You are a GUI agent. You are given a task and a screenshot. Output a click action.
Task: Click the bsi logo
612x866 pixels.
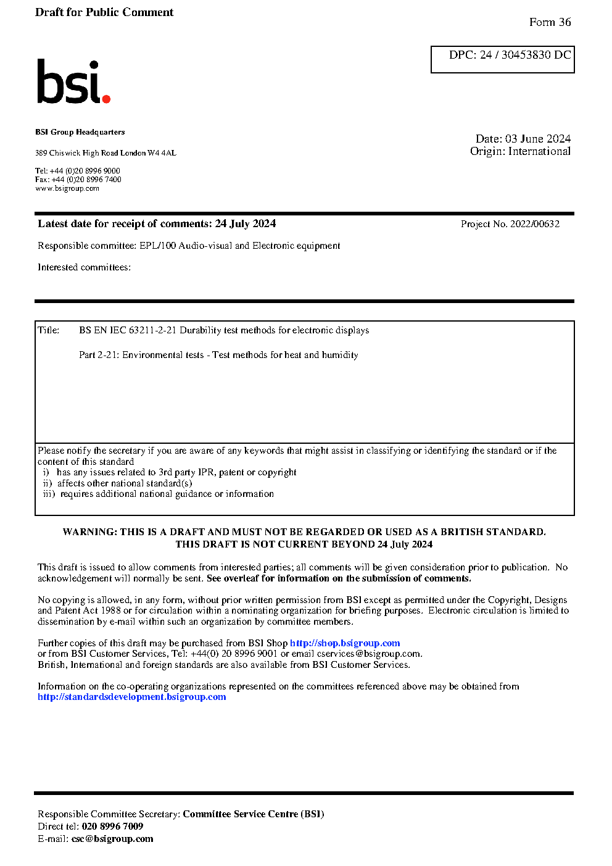(x=73, y=82)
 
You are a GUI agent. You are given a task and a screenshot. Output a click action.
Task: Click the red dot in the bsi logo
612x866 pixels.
(x=106, y=99)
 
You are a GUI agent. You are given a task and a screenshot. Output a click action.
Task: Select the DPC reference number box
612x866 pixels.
(x=502, y=59)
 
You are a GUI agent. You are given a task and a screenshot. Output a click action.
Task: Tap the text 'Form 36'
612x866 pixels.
(x=550, y=22)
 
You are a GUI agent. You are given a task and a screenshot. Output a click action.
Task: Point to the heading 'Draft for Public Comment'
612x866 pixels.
(x=104, y=12)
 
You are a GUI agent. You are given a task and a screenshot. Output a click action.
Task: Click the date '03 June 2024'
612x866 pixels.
(x=537, y=139)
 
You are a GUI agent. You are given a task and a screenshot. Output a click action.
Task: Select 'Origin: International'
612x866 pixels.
(x=520, y=151)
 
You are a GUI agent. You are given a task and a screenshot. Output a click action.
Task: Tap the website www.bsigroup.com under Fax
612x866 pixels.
(x=67, y=188)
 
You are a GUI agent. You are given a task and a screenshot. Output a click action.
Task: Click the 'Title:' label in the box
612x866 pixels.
(x=49, y=330)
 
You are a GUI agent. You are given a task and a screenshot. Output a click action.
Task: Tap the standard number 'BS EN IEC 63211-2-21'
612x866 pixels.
(x=128, y=330)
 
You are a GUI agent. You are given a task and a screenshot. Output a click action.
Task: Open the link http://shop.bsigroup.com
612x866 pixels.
(x=345, y=643)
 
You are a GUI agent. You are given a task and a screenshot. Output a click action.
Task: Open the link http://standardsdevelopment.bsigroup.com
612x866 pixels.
(x=131, y=697)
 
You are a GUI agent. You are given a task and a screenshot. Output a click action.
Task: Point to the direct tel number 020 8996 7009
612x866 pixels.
(x=112, y=826)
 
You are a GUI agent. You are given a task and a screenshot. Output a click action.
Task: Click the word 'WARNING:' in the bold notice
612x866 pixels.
(x=90, y=532)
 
